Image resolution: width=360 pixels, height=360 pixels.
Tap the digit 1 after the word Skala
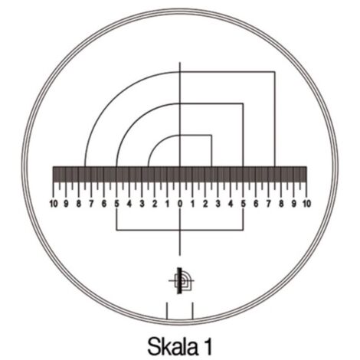click(208, 345)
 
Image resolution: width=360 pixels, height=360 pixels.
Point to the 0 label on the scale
click(180, 205)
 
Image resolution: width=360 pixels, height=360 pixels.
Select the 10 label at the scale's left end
click(53, 205)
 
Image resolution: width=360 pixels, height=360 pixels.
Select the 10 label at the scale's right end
click(306, 205)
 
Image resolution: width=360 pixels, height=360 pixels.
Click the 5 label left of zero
click(116, 205)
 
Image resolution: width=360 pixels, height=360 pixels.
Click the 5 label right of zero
click(244, 205)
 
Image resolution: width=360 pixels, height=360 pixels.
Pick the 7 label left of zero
click(91, 205)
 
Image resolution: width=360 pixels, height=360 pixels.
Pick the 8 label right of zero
click(281, 205)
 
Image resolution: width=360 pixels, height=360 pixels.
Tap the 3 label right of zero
click(218, 205)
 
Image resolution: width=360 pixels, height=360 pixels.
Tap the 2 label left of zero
click(155, 205)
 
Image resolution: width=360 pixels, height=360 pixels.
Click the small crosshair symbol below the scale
click(179, 281)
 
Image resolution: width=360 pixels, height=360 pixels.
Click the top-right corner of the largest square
click(275, 72)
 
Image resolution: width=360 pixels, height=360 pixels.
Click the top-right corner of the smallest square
click(211, 136)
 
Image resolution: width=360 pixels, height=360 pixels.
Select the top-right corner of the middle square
click(243, 104)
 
